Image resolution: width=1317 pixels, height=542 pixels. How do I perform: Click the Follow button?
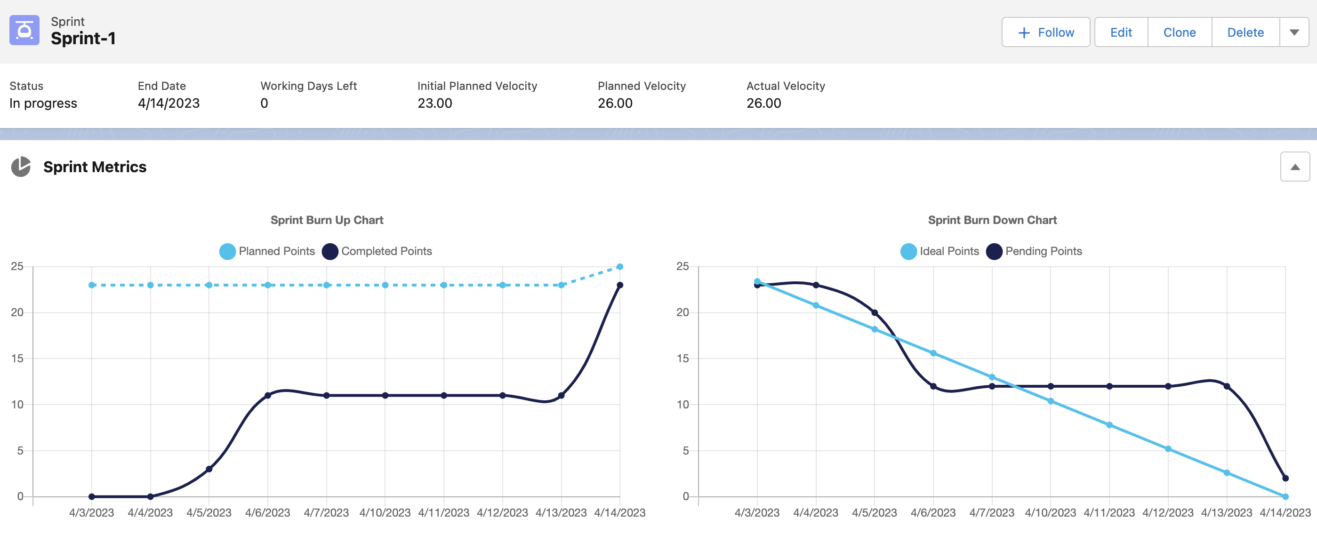click(1045, 32)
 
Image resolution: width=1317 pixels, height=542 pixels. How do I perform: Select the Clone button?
click(1180, 32)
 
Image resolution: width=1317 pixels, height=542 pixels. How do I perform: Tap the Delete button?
click(1245, 32)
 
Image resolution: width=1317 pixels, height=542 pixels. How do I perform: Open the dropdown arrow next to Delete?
click(1294, 32)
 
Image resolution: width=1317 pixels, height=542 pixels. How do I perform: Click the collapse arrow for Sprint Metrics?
click(1295, 167)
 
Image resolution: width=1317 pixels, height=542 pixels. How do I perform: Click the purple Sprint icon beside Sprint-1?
click(24, 30)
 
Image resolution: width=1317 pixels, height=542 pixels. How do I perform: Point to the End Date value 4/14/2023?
click(169, 103)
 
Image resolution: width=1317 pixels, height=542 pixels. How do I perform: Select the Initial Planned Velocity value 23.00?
click(434, 103)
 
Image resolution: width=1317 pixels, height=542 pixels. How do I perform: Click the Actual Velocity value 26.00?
click(764, 103)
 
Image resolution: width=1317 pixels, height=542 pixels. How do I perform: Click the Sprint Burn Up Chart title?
click(327, 220)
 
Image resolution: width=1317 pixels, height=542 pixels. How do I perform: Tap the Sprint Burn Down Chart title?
click(992, 220)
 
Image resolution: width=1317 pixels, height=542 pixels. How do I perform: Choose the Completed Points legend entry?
click(377, 251)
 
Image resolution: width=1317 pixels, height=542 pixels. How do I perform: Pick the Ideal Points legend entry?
click(940, 251)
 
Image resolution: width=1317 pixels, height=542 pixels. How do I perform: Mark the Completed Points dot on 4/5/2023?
click(209, 469)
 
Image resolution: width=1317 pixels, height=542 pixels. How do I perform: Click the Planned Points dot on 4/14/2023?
click(619, 267)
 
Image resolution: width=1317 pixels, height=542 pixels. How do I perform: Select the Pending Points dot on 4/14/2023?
click(1285, 478)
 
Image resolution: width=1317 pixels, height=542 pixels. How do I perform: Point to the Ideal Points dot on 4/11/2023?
click(1109, 425)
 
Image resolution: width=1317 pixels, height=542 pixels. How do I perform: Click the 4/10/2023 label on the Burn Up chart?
click(385, 512)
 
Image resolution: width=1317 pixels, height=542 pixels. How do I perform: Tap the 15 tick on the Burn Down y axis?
click(683, 359)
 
